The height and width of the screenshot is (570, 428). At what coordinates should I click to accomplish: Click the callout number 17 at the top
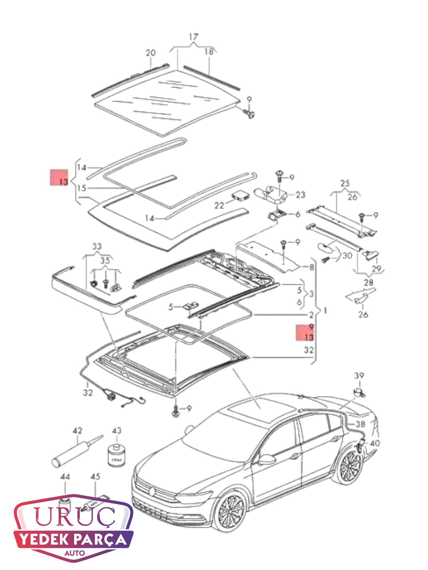point(194,37)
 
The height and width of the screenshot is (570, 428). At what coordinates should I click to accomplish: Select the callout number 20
point(151,53)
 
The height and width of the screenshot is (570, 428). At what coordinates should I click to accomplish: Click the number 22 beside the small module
point(219,206)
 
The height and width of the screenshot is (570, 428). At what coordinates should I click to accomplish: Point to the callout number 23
point(301,195)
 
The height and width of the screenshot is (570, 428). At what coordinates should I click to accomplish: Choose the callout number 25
point(345,183)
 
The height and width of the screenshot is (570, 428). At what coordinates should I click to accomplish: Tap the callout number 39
point(359,376)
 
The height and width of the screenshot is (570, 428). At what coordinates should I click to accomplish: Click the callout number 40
point(374,443)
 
